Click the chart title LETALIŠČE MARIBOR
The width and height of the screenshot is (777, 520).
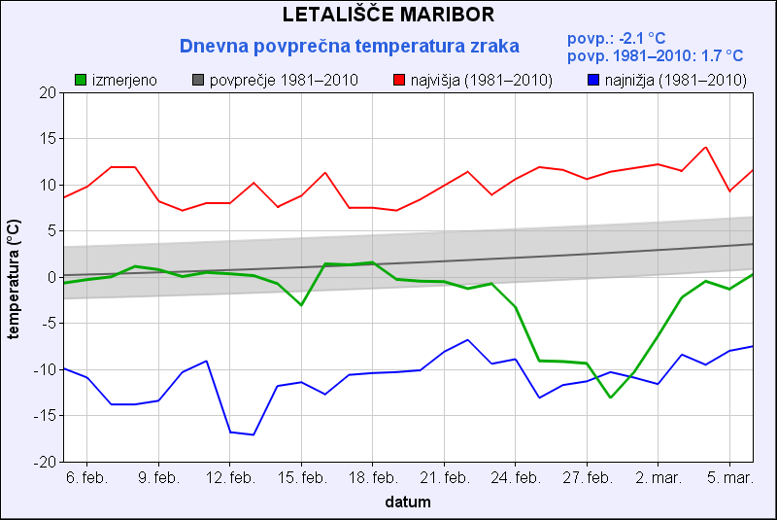pyautogui.click(x=388, y=15)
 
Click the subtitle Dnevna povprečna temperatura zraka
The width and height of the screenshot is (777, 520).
pyautogui.click(x=350, y=46)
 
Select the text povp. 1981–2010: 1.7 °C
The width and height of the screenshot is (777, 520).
pyautogui.click(x=655, y=56)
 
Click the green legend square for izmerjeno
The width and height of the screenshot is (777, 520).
pyautogui.click(x=82, y=80)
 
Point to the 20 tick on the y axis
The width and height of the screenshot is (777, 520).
pyautogui.click(x=48, y=92)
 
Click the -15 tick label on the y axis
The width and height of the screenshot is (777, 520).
pyautogui.click(x=45, y=416)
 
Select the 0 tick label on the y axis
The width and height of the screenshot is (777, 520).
pyautogui.click(x=51, y=277)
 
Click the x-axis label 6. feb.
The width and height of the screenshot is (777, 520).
pyautogui.click(x=86, y=478)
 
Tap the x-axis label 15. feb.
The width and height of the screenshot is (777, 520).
pyautogui.click(x=301, y=478)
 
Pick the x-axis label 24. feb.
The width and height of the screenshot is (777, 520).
pyautogui.click(x=516, y=478)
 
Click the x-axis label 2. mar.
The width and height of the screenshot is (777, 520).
pyautogui.click(x=659, y=478)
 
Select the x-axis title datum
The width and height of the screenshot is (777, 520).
pyautogui.click(x=407, y=503)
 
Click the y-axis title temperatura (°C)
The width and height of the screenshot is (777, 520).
pyautogui.click(x=14, y=277)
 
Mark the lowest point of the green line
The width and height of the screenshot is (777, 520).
pyautogui.click(x=611, y=398)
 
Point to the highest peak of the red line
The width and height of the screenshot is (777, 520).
pyautogui.click(x=706, y=148)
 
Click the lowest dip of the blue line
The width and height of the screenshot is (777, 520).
pyautogui.click(x=253, y=434)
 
